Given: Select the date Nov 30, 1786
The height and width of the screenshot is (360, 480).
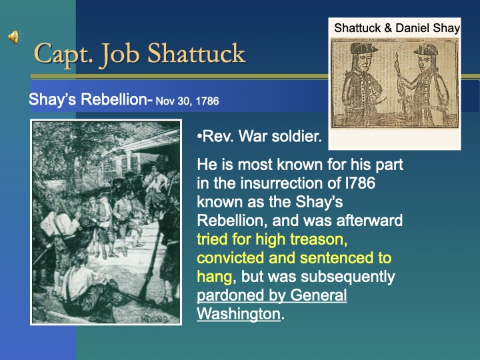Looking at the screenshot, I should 187,101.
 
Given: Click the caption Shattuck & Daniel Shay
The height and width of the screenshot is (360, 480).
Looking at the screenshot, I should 397,28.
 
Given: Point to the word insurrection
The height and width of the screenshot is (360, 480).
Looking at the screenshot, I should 283,183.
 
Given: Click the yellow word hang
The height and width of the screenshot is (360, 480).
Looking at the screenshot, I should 213,276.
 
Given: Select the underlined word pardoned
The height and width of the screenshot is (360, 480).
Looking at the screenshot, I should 227,295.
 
